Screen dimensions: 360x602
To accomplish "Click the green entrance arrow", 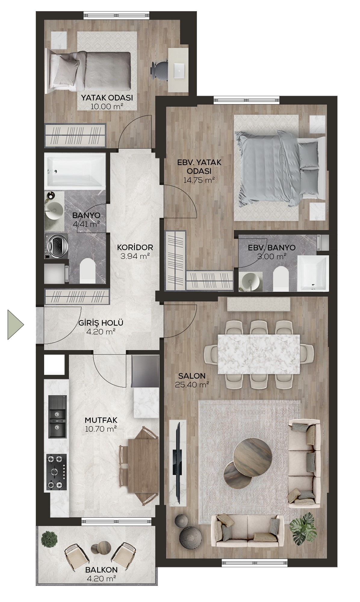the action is click(x=14, y=325).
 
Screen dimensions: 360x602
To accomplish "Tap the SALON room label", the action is click(x=192, y=376).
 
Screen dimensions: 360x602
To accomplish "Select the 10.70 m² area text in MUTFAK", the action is click(x=101, y=429).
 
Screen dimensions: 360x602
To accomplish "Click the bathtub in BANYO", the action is click(x=75, y=171).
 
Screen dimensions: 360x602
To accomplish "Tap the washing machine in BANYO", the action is click(x=56, y=246).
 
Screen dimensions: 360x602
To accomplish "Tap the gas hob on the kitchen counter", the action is click(x=57, y=473).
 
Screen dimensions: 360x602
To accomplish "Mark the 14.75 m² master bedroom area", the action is click(x=199, y=180).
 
